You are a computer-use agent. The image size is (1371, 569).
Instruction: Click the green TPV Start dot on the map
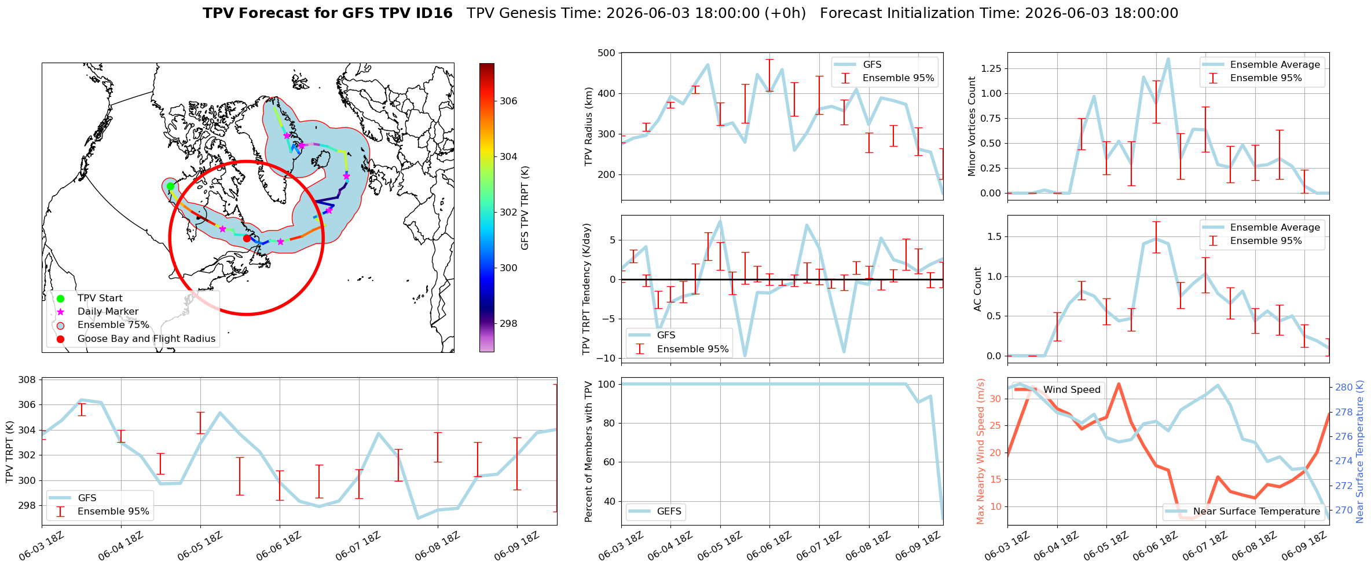tap(170, 187)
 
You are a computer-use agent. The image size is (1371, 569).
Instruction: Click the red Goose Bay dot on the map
tap(247, 238)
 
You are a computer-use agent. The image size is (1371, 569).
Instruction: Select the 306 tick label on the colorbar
tap(508, 101)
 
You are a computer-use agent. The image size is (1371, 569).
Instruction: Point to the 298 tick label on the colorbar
tap(508, 323)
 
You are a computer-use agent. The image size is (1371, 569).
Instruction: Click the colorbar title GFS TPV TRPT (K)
tap(525, 208)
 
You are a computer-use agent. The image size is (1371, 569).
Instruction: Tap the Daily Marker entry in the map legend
tap(108, 312)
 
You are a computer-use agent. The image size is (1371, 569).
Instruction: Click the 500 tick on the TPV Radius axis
tap(606, 53)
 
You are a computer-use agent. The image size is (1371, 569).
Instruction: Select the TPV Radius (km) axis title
tap(589, 126)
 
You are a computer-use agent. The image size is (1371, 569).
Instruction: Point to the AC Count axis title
tap(978, 289)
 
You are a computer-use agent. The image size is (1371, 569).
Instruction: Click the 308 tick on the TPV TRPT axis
tap(27, 380)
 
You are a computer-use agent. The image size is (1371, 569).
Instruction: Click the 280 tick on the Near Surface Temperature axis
tap(1344, 388)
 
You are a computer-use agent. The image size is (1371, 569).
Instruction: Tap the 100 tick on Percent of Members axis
tap(606, 384)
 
